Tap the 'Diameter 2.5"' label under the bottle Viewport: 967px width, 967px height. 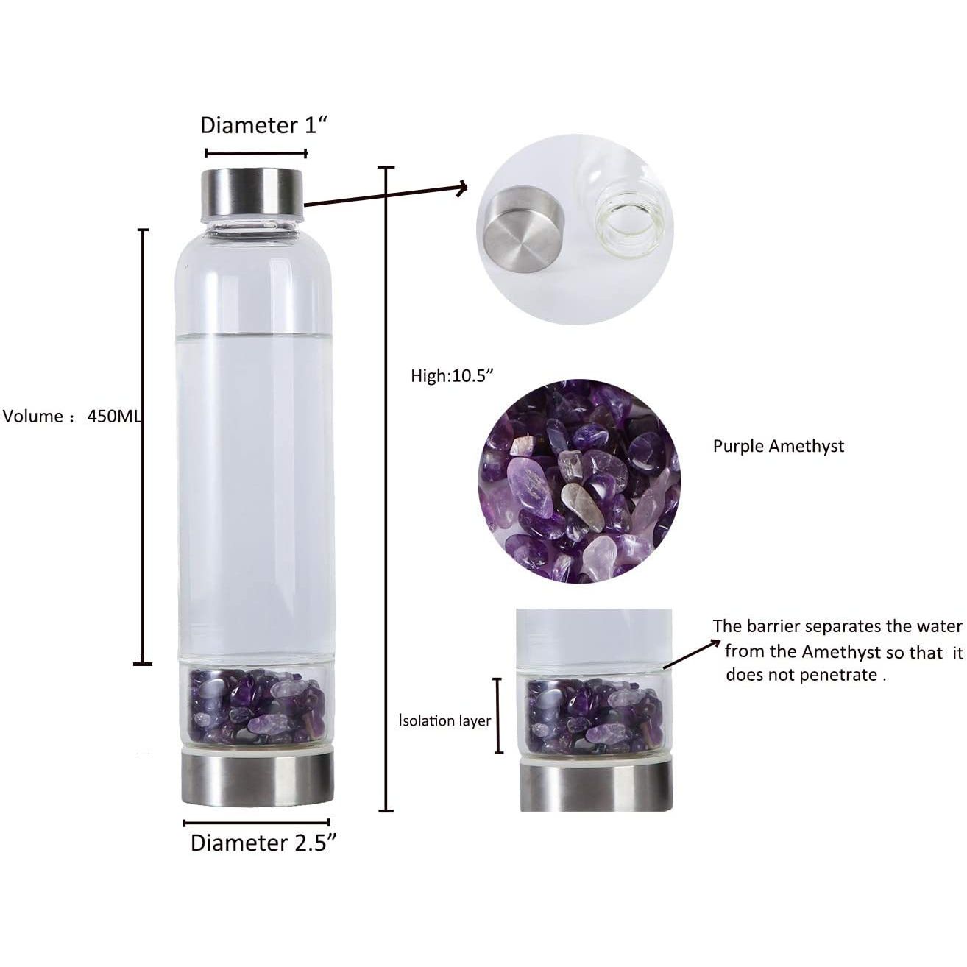coord(263,843)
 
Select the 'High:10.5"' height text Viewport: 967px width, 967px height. coord(452,376)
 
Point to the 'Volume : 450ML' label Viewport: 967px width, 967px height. coord(71,417)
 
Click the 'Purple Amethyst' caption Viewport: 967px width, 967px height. coord(779,447)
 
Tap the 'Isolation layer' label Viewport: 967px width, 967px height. coord(444,720)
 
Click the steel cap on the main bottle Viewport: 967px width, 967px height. coord(252,192)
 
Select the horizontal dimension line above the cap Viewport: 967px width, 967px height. coord(256,154)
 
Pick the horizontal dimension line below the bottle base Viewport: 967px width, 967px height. coord(256,823)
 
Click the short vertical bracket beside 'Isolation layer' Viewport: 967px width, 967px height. coord(498,715)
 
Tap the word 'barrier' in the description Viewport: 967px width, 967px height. coord(776,626)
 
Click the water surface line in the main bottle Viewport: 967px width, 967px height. coord(254,333)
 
